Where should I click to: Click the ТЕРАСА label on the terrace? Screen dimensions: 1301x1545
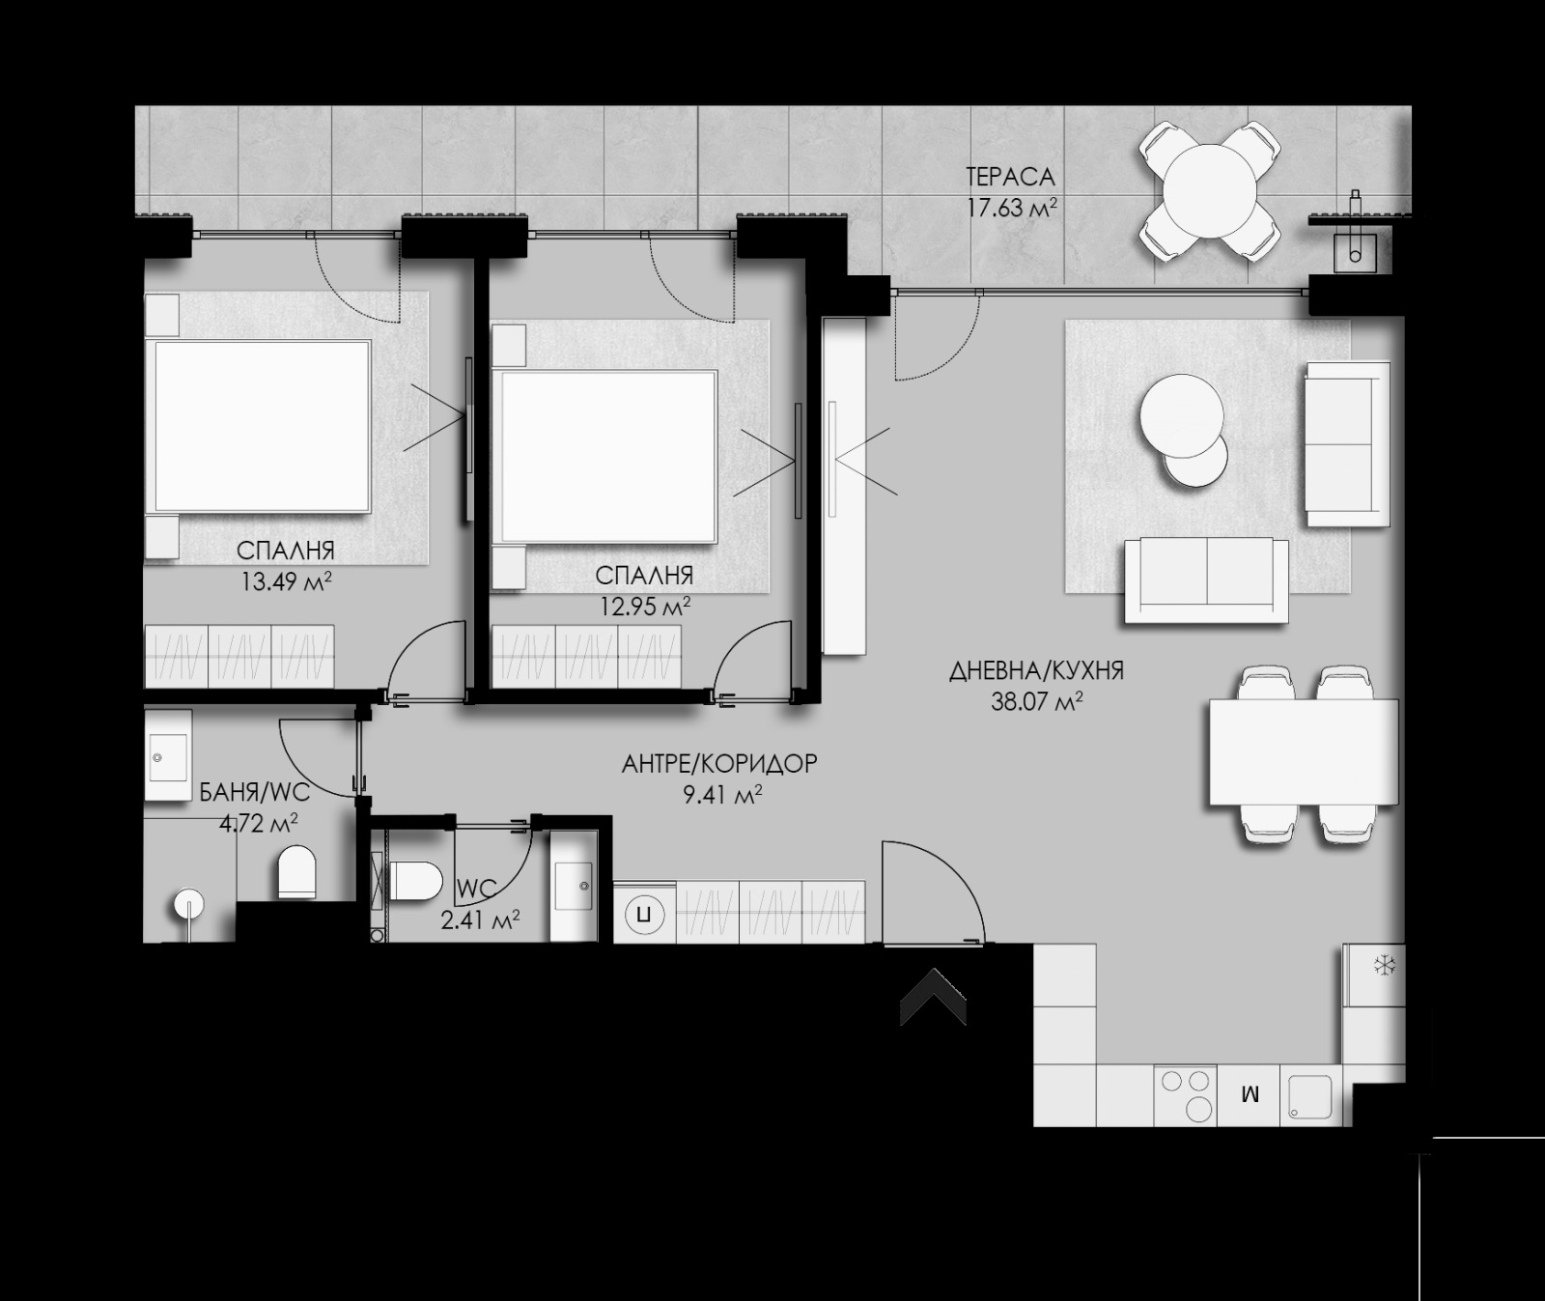point(1010,177)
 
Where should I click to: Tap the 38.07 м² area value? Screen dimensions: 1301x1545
point(1036,702)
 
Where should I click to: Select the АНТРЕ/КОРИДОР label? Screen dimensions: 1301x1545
point(719,764)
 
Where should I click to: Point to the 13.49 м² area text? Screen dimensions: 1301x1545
point(286,581)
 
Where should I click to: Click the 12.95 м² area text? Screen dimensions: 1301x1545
point(644,607)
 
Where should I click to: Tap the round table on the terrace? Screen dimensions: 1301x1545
point(1209,190)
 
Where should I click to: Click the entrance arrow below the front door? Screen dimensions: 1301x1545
point(933,997)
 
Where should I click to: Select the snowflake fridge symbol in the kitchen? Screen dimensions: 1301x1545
point(1385,965)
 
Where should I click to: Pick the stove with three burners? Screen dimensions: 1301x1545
point(1186,1094)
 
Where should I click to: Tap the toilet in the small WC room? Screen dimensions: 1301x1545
point(413,881)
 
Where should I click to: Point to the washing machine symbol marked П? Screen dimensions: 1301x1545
point(644,912)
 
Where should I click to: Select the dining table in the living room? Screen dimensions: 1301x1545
point(1303,752)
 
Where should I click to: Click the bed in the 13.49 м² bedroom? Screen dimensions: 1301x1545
point(263,426)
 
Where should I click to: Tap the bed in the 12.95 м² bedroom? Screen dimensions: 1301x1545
point(608,456)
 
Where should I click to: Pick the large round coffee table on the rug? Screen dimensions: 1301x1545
point(1181,414)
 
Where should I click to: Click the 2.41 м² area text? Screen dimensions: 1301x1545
point(480,918)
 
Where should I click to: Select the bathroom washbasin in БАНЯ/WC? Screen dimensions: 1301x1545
point(168,756)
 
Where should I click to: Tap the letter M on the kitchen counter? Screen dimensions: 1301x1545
point(1250,1095)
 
